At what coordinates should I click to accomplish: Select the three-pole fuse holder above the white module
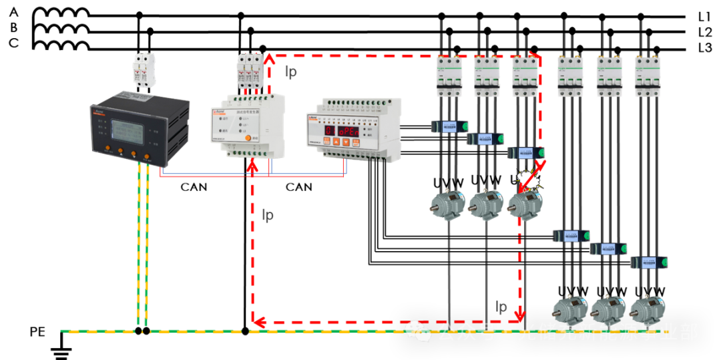249,72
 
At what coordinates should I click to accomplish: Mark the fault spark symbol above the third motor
529,180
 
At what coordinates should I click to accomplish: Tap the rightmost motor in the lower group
648,309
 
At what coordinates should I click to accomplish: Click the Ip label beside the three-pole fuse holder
291,72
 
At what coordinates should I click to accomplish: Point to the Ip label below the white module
267,215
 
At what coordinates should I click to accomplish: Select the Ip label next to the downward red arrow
502,307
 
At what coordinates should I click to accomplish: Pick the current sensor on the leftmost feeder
449,126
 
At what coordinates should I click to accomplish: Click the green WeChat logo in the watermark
418,330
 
